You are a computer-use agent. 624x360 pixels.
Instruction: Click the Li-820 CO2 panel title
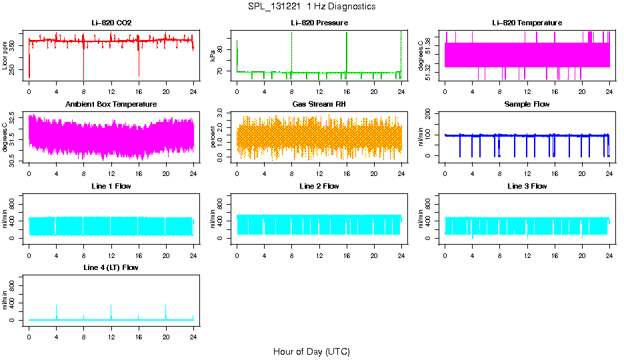[111, 23]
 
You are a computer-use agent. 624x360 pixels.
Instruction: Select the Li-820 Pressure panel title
[319, 23]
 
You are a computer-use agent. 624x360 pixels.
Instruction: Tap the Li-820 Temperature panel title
[527, 23]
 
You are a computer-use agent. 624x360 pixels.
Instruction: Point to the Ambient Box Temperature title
[111, 104]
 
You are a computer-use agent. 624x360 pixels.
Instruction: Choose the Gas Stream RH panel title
[319, 104]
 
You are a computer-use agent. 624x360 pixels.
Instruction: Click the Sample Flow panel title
[527, 104]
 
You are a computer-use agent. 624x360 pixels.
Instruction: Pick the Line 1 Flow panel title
[111, 186]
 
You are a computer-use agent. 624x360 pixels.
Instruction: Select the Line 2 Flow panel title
[319, 186]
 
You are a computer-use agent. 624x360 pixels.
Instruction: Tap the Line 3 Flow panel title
[527, 186]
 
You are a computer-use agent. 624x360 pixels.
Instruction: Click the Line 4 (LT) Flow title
[111, 267]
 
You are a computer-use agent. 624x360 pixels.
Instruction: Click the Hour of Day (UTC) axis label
[311, 351]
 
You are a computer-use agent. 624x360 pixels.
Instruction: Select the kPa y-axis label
[213, 55]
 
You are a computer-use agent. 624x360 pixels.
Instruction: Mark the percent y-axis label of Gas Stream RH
[213, 137]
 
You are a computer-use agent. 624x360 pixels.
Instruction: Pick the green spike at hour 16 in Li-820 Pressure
[347, 50]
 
